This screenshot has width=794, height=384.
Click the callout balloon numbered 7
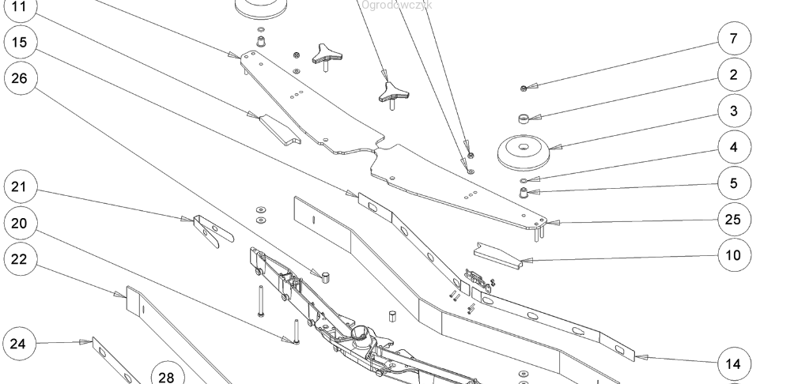(733, 38)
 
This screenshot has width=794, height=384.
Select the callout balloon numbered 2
(733, 74)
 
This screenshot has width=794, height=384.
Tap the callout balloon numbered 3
(733, 111)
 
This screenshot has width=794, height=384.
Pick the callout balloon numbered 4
(733, 147)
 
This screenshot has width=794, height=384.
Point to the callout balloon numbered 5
(733, 183)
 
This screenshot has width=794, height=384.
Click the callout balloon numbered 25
(733, 220)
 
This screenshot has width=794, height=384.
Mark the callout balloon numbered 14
(733, 363)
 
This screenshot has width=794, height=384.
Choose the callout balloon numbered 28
(166, 376)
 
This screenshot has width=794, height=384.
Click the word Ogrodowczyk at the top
(396, 5)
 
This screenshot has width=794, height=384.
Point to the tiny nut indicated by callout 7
(524, 87)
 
